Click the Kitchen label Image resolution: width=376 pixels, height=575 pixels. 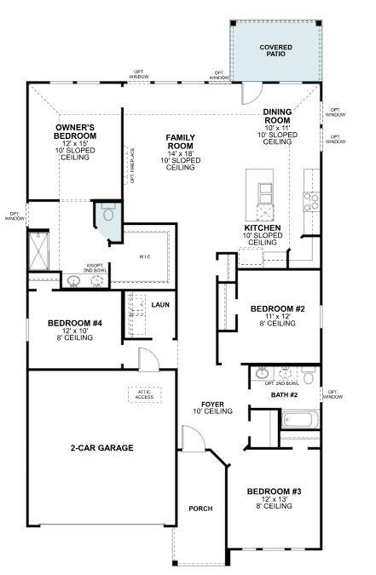pyautogui.click(x=262, y=228)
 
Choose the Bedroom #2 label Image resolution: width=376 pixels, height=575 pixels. pyautogui.click(x=273, y=308)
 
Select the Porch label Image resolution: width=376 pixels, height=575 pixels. pyautogui.click(x=200, y=509)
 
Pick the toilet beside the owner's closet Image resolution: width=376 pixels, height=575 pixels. pyautogui.click(x=106, y=215)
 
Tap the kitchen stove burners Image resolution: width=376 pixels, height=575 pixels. pyautogui.click(x=311, y=201)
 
